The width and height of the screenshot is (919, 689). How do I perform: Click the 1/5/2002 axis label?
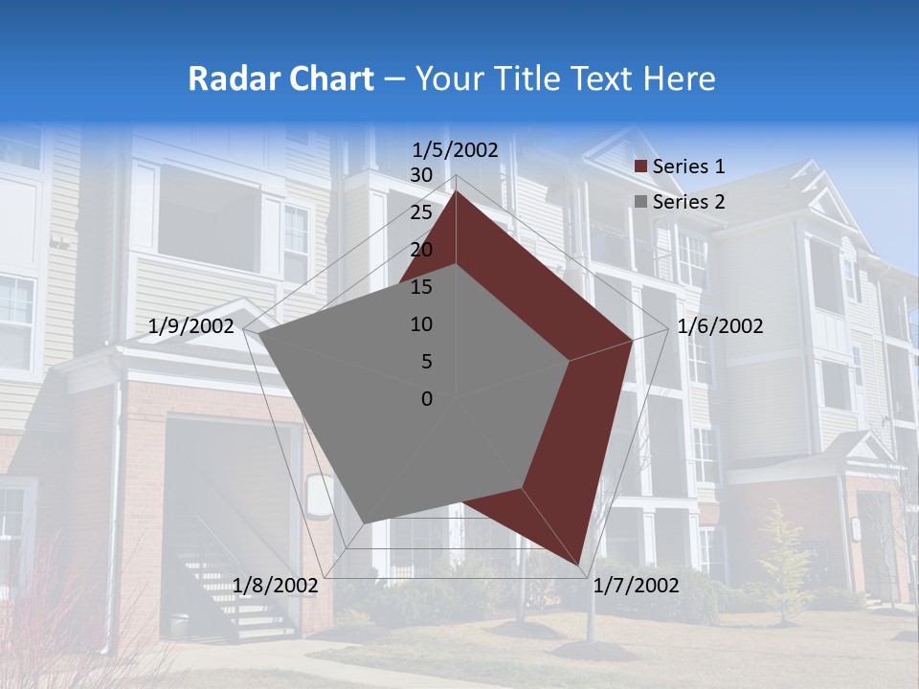pyautogui.click(x=456, y=149)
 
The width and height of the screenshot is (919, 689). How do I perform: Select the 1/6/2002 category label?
pyautogui.click(x=720, y=326)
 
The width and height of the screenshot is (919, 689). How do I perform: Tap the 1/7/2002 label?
pyautogui.click(x=637, y=585)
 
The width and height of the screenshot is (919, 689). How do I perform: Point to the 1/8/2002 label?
pyautogui.click(x=276, y=585)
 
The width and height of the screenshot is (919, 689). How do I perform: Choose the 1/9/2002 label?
pyautogui.click(x=191, y=326)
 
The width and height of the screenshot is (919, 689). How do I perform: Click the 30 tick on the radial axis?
pyautogui.click(x=420, y=175)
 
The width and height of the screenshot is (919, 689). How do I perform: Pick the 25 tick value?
pyautogui.click(x=420, y=212)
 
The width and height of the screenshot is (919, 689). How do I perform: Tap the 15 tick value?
pyautogui.click(x=420, y=287)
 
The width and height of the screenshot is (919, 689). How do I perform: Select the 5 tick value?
pyautogui.click(x=426, y=362)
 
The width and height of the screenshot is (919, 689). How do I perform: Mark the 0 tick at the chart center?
pyautogui.click(x=427, y=399)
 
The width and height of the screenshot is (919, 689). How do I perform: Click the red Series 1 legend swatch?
pyautogui.click(x=641, y=167)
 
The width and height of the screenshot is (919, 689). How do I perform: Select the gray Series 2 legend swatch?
pyautogui.click(x=641, y=202)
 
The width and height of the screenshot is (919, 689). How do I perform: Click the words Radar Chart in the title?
pyautogui.click(x=280, y=78)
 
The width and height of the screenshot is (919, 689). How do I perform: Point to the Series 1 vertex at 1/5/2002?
pyautogui.click(x=456, y=191)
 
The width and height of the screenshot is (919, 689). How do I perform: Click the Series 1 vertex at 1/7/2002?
pyautogui.click(x=578, y=565)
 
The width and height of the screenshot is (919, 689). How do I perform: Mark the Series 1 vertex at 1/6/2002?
pyautogui.click(x=632, y=339)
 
